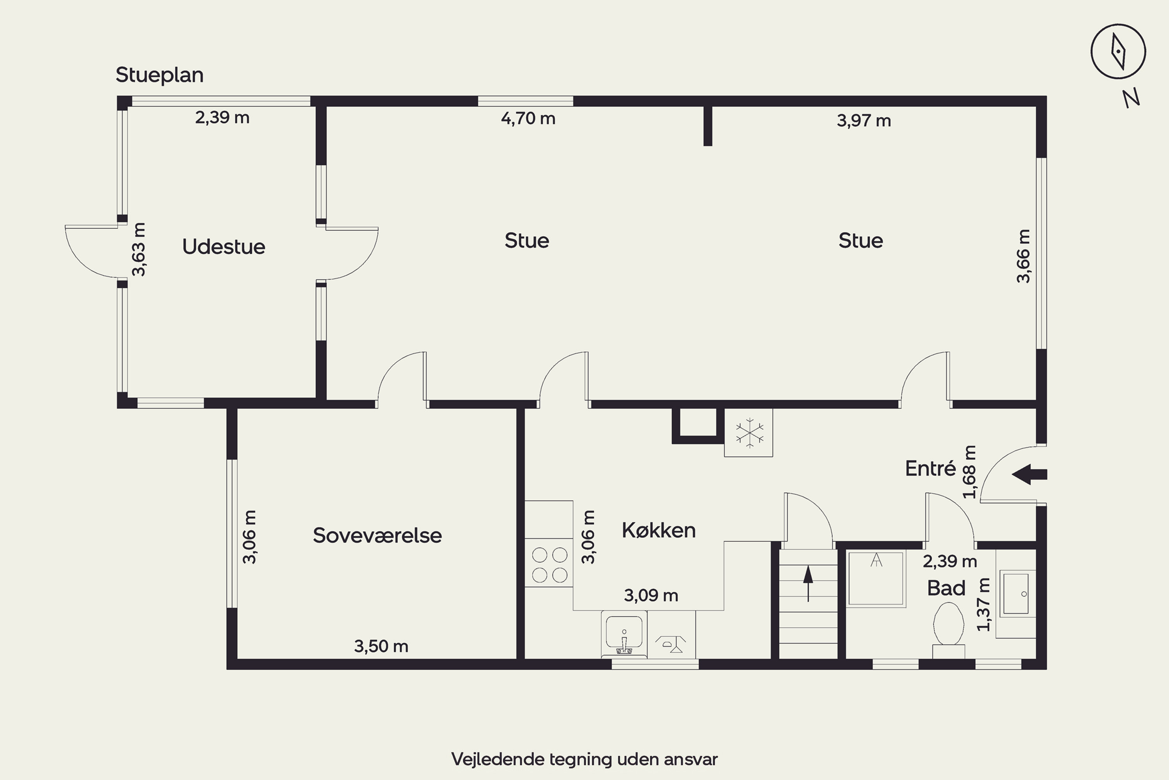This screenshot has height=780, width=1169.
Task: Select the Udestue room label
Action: tap(224, 247)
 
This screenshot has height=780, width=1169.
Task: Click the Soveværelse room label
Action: tap(377, 535)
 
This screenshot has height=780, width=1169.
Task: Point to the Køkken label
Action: tap(659, 530)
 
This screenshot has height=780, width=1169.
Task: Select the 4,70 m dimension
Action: tap(528, 119)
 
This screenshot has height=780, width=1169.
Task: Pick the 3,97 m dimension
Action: tap(864, 121)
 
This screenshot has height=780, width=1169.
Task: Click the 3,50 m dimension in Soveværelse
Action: tap(381, 646)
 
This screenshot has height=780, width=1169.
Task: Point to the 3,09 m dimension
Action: tap(651, 596)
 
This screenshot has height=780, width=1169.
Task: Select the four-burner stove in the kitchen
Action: tap(549, 565)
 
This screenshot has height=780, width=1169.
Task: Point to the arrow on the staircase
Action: tap(808, 583)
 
